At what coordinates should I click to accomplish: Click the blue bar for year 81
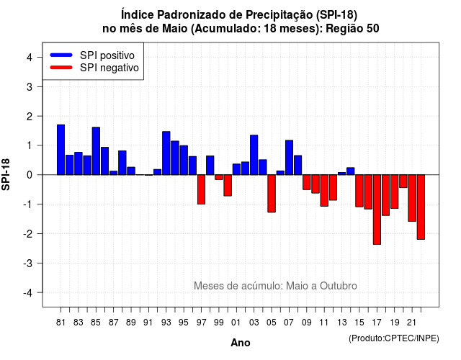pos(61,150)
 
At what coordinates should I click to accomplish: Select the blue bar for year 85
pos(96,151)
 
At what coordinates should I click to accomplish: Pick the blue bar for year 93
pos(166,153)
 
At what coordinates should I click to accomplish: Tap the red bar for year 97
pos(202,189)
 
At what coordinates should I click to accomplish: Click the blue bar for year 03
pos(254,155)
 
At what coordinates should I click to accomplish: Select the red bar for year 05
pos(272,194)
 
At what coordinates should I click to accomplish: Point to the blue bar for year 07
pos(290,158)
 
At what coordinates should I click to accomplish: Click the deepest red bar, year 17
pos(377,210)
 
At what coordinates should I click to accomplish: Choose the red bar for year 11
pos(324,190)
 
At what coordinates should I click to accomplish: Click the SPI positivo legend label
pos(107,55)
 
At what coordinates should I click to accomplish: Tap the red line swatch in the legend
pos(61,68)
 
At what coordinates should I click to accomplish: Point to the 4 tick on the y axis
pos(30,58)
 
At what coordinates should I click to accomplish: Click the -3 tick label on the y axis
pos(28,263)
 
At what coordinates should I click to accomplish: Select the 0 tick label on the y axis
pos(30,175)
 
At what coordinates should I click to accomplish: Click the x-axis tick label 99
pos(219,323)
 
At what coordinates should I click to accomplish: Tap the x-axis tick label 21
pos(412,323)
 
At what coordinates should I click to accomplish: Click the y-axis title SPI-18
pos(6,174)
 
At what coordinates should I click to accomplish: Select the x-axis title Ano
pos(241,343)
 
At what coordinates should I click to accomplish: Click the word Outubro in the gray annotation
pos(339,286)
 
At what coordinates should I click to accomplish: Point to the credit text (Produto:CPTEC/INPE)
pos(394,338)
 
